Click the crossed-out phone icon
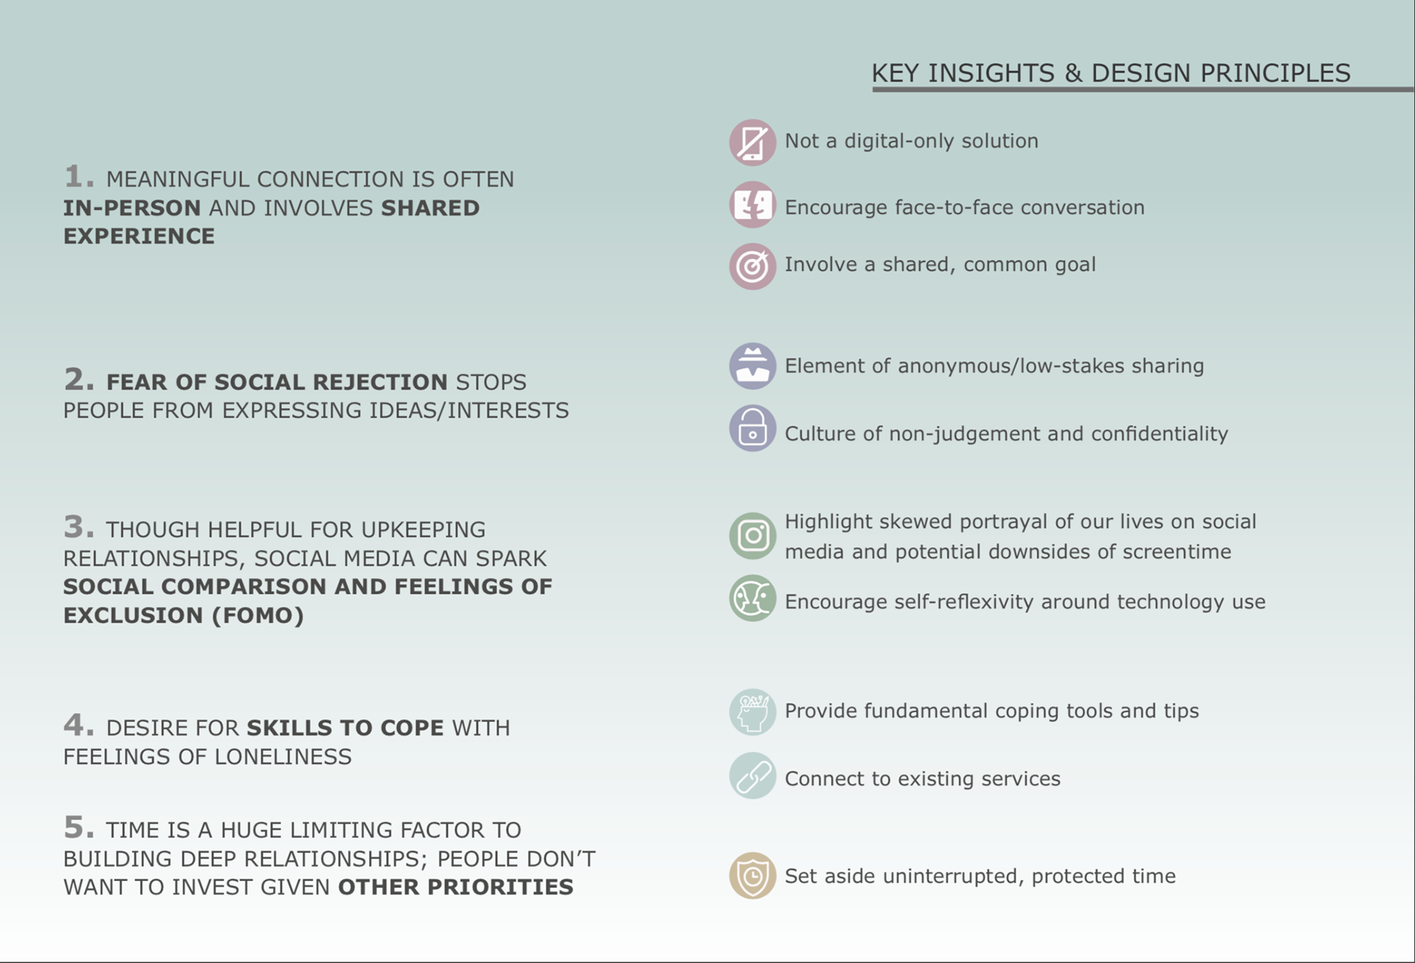click(752, 142)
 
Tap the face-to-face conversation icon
click(752, 204)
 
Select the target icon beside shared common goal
click(752, 266)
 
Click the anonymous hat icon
click(752, 366)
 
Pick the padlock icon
click(752, 428)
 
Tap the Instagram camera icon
click(752, 535)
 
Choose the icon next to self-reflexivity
click(752, 597)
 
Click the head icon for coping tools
click(752, 712)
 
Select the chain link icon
click(752, 775)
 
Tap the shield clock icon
click(752, 875)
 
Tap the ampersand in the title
click(1073, 73)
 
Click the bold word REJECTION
click(380, 382)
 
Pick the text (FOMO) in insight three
click(257, 616)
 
